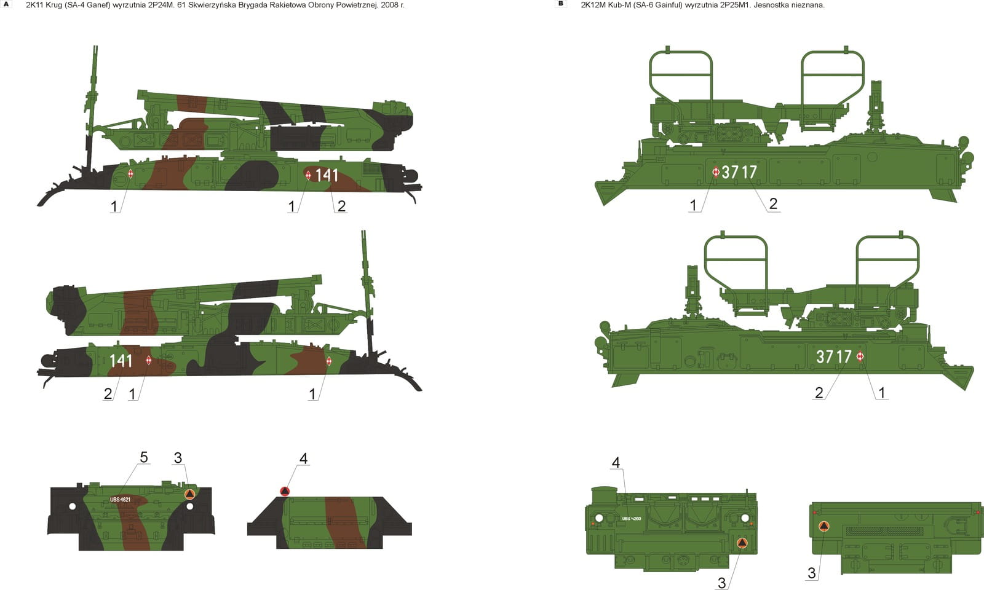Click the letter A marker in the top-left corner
[x=6, y=4]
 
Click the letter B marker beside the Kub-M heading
[x=560, y=4]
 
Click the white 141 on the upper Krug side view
[x=327, y=176]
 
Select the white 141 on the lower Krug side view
[x=121, y=360]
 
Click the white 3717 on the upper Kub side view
[x=739, y=172]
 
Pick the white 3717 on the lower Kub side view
[x=834, y=356]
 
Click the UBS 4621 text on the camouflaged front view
[x=120, y=500]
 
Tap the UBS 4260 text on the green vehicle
[x=631, y=519]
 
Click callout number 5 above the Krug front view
[x=144, y=457]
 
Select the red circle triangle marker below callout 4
[x=285, y=491]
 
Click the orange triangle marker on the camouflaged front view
[x=189, y=494]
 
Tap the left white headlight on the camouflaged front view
[x=73, y=506]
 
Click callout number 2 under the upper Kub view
[x=773, y=203]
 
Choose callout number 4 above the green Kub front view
[x=616, y=463]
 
